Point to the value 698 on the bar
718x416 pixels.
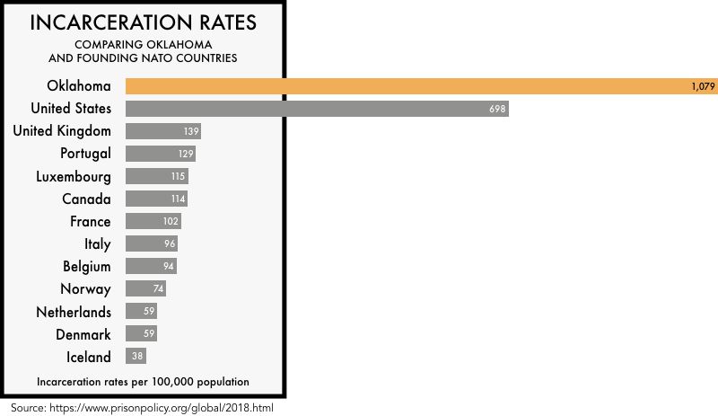(497, 109)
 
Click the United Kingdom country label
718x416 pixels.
(62, 131)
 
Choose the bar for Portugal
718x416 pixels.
(160, 154)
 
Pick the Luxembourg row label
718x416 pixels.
(74, 176)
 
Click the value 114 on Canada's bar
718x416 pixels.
(178, 199)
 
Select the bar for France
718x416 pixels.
(153, 221)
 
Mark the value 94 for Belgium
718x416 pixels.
(168, 267)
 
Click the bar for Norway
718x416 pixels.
(145, 289)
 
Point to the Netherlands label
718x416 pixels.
(74, 312)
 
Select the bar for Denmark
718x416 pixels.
(142, 334)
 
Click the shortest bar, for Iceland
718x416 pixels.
(136, 357)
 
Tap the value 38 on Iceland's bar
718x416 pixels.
(137, 357)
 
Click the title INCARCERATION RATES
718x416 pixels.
(143, 22)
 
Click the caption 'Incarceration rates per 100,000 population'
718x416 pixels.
(143, 382)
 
